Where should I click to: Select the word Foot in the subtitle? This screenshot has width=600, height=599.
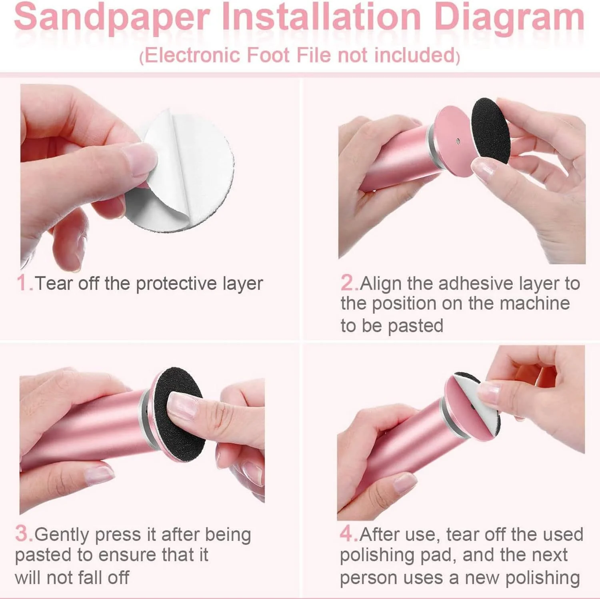(x=268, y=55)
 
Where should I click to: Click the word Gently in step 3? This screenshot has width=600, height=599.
(x=62, y=535)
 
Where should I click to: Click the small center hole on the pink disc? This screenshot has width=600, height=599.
(x=458, y=141)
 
